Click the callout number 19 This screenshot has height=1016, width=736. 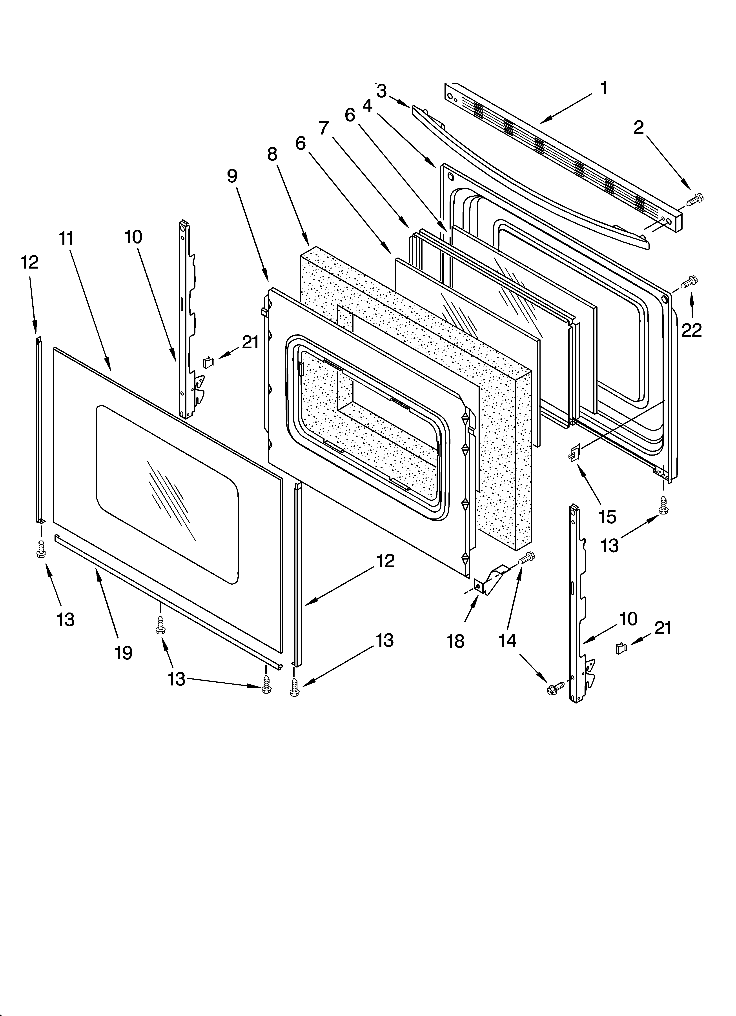coord(123,653)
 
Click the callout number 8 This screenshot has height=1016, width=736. coord(272,154)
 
